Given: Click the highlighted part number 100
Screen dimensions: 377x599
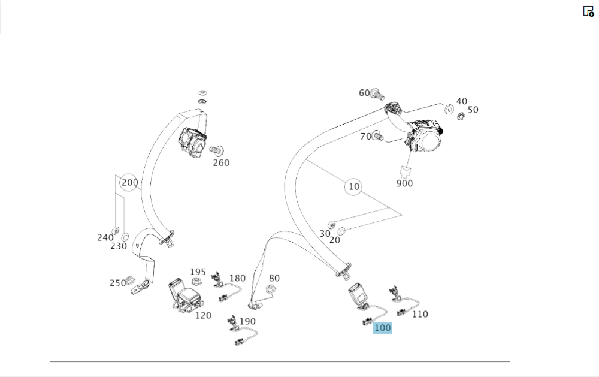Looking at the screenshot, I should tap(382, 328).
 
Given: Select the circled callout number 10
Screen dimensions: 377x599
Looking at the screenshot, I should tap(354, 187).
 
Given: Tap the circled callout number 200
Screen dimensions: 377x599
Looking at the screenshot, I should tap(129, 183).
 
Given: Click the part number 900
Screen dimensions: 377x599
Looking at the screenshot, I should tap(404, 183).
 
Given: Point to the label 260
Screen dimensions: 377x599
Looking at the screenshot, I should tap(221, 162).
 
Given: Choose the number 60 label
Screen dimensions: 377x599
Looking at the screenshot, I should tap(364, 93).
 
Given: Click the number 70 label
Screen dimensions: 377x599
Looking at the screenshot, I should tap(365, 136).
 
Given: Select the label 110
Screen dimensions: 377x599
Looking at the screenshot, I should tap(420, 314).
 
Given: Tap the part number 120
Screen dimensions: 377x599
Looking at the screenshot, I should tap(203, 315).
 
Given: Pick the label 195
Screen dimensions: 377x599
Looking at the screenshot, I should tap(198, 272).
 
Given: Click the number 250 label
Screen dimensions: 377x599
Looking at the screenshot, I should tap(117, 283).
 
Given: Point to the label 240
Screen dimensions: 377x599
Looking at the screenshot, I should tap(105, 237).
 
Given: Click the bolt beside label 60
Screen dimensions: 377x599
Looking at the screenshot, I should tap(377, 93).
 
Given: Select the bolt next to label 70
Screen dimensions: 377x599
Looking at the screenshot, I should tap(377, 136).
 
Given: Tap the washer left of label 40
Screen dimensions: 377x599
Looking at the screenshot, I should tap(448, 108).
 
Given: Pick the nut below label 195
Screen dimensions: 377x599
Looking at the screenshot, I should tap(196, 282).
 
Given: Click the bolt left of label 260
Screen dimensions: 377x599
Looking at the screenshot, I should tap(216, 149).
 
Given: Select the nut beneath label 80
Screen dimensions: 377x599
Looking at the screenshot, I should tap(270, 290).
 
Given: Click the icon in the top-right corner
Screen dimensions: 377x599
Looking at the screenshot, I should tap(588, 11).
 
